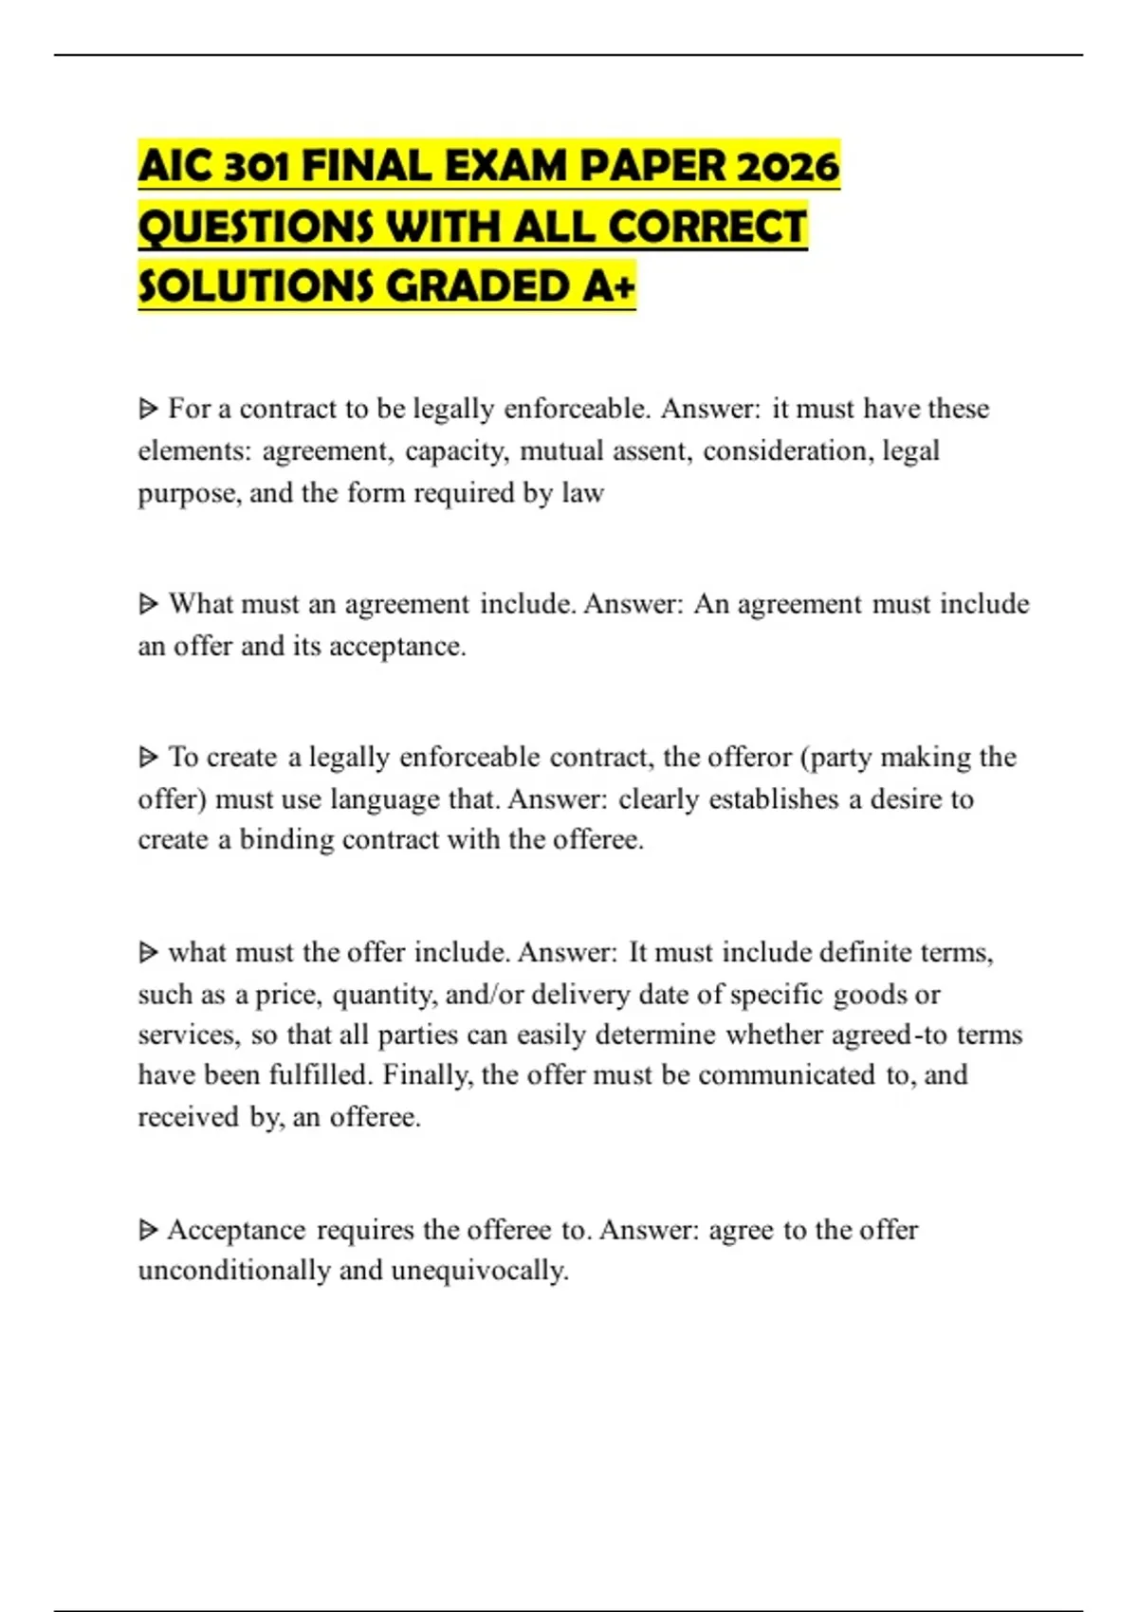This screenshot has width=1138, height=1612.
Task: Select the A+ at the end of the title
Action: [x=609, y=285]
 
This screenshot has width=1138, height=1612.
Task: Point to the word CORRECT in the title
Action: [x=707, y=227]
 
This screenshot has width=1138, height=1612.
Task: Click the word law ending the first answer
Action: [x=583, y=493]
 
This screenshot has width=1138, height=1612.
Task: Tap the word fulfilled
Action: [x=321, y=1075]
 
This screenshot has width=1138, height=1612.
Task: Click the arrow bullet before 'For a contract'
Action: [x=148, y=410]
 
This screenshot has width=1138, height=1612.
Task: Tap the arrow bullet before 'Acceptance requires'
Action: [x=148, y=1230]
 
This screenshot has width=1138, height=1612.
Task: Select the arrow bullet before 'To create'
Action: [x=148, y=758]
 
